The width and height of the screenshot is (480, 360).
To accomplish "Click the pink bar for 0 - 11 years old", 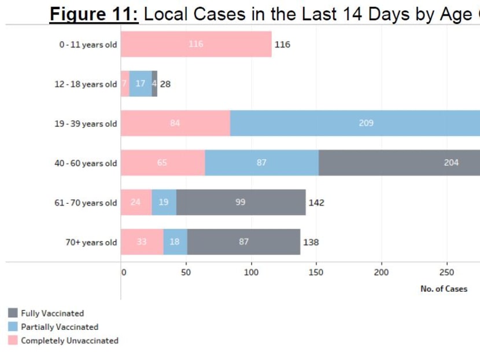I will click(196, 45).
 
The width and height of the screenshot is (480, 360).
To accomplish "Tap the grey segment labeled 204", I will click(399, 163).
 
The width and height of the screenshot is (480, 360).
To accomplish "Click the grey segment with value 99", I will click(241, 203).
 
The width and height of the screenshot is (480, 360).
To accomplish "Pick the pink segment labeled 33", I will click(142, 242).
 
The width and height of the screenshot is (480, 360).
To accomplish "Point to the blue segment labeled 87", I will click(261, 163).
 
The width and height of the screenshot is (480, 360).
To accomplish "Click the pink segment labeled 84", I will click(175, 123).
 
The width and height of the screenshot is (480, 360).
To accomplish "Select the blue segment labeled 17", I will click(141, 84).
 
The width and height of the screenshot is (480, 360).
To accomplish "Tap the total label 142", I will click(316, 203).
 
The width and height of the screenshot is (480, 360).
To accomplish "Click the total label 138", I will click(311, 243).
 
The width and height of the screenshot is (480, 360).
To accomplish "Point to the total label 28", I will click(165, 84).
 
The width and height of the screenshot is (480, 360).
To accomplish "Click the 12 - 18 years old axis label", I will click(86, 85).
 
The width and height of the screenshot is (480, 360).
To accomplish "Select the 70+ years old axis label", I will click(91, 243).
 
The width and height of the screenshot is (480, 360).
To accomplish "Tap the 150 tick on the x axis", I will click(316, 273).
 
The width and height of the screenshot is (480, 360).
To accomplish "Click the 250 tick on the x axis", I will click(446, 273).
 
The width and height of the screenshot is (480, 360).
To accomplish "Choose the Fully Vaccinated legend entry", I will click(52, 314).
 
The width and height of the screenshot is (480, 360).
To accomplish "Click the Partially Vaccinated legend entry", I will click(60, 327).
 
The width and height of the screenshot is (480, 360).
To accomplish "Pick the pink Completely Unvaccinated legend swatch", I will click(13, 341).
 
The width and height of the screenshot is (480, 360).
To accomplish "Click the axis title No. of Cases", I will click(444, 289).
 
